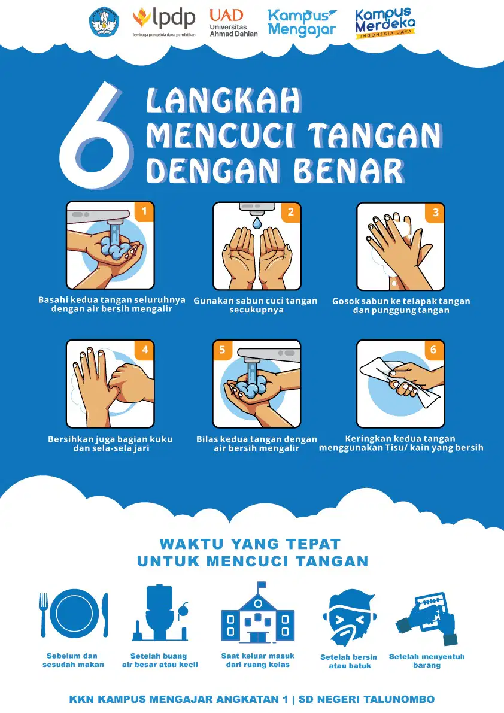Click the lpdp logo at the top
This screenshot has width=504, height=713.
click(x=164, y=22)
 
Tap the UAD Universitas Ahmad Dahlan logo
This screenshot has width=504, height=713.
click(x=233, y=23)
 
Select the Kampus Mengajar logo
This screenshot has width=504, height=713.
click(x=302, y=23)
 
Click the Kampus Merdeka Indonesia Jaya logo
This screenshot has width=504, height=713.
click(x=385, y=23)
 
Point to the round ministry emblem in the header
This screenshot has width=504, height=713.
click(x=104, y=22)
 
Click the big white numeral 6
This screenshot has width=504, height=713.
click(x=96, y=136)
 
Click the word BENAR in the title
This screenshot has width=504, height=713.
click(x=349, y=171)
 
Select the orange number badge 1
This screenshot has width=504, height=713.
click(x=144, y=211)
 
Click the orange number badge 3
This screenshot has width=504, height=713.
click(x=435, y=213)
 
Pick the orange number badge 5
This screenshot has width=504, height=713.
click(x=223, y=350)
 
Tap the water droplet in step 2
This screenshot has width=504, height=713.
click(x=257, y=222)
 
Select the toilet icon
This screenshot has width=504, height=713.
click(x=159, y=612)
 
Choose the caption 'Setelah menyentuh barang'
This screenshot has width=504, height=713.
click(x=427, y=661)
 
